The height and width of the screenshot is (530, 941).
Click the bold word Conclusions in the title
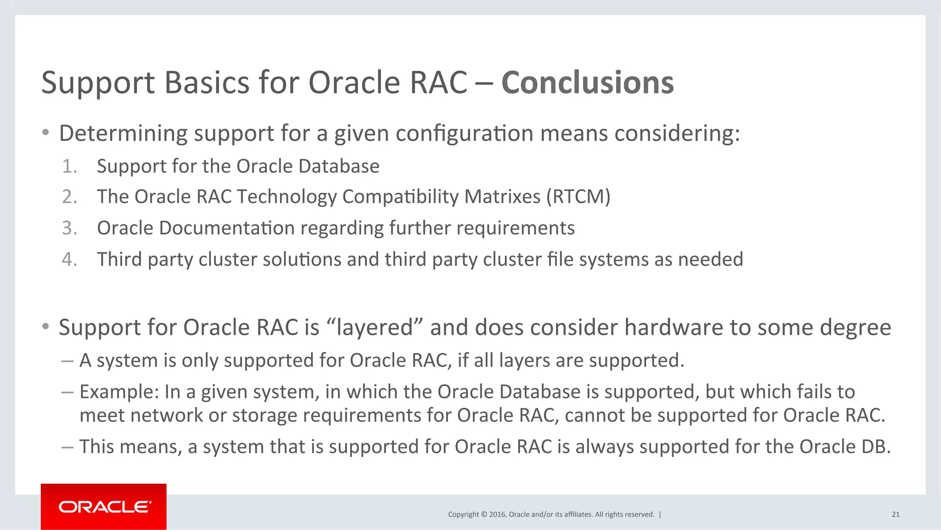click(x=587, y=83)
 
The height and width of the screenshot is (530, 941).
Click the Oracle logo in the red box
click(x=105, y=507)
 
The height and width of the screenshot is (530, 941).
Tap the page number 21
click(x=895, y=514)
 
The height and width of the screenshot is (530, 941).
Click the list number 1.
click(x=69, y=166)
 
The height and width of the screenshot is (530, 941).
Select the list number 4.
click(x=69, y=259)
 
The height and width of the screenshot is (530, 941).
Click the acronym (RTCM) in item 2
click(x=578, y=197)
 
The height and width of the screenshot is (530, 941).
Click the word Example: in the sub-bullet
click(x=119, y=392)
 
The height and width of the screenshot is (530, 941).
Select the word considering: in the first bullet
click(x=677, y=134)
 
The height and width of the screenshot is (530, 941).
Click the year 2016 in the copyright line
click(x=498, y=514)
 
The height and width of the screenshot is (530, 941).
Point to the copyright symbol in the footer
click(x=484, y=514)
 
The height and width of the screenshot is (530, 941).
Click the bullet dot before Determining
click(x=45, y=133)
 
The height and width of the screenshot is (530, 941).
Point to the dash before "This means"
click(x=67, y=447)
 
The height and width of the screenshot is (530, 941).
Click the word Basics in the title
click(x=206, y=83)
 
